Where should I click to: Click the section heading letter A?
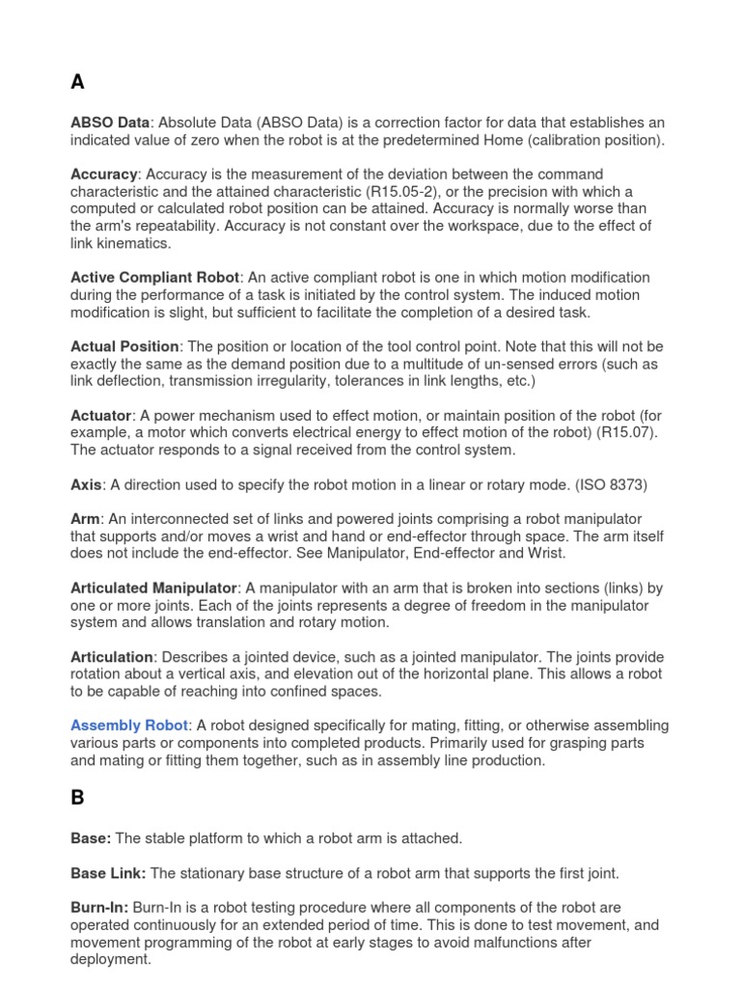point(78,83)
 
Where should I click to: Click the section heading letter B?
point(78,798)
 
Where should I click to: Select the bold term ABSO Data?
point(110,123)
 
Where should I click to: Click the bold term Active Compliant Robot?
point(154,277)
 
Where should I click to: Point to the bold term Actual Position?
point(124,345)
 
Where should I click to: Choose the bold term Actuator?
point(101,415)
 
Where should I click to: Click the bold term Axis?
point(86,484)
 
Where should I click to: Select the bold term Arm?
point(85,519)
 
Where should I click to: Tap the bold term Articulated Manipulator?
point(153,588)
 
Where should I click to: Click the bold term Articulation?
point(111,657)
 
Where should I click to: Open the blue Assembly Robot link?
point(129,726)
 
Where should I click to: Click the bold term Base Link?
point(108,873)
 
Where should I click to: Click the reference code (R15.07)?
point(627,432)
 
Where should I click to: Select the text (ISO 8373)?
point(618,484)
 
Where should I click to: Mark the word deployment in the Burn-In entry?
point(110,960)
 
